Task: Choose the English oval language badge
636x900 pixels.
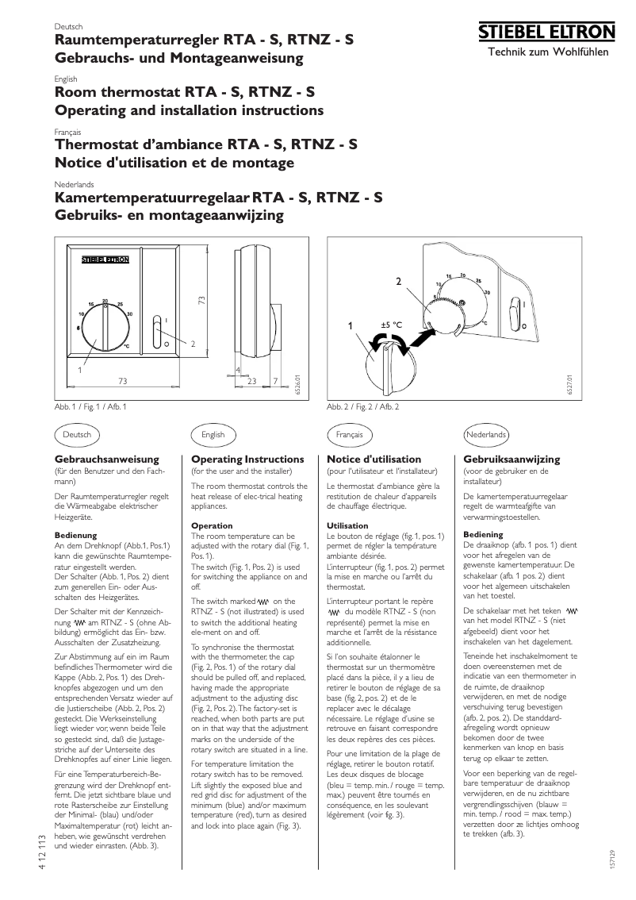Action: point(213,434)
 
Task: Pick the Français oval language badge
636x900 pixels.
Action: point(349,434)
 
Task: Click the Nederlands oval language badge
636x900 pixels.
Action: point(485,434)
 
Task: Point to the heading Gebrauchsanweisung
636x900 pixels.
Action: point(106,460)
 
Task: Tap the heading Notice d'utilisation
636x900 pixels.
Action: point(374,460)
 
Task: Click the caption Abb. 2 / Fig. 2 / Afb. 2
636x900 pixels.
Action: point(362,406)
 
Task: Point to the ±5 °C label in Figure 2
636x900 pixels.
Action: point(392,325)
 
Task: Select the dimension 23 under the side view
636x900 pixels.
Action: point(252,382)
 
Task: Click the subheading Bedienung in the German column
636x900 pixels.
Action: point(75,536)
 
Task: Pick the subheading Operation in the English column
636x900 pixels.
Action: point(212,525)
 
